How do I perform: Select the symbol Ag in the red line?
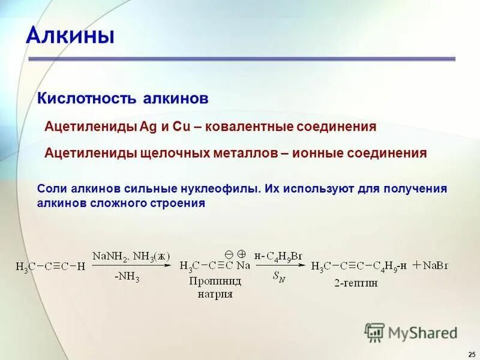[x=147, y=127]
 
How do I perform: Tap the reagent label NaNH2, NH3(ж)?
[x=131, y=256]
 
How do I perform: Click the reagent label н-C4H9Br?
[x=278, y=256]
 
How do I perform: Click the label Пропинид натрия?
[x=214, y=287]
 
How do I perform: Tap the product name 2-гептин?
[x=357, y=283]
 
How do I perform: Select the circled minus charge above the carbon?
[x=229, y=253]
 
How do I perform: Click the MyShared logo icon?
[x=375, y=332]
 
